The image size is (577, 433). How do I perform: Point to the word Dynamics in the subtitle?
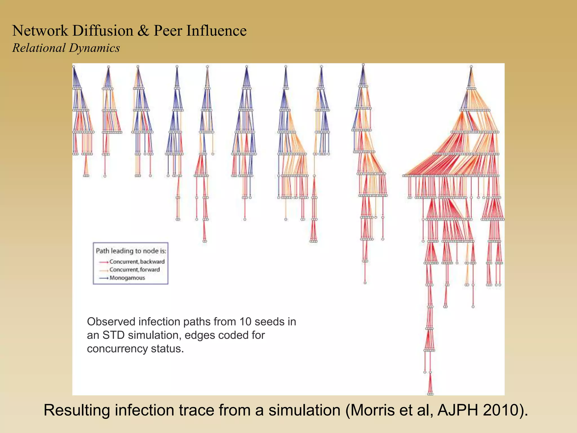pos(94,48)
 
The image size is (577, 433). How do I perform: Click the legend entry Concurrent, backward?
pos(137,262)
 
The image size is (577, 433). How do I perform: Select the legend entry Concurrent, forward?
pos(134,270)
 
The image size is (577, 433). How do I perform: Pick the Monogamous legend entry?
pos(127,278)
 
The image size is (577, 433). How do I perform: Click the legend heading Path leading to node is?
pos(131,251)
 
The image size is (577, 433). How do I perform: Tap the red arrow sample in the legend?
pos(103,262)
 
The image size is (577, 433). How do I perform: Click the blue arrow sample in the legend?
pos(103,278)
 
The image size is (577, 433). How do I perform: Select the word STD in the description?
pos(113,335)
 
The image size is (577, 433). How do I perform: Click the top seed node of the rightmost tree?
pos(471,67)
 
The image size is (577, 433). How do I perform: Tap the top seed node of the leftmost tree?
pos(74,67)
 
